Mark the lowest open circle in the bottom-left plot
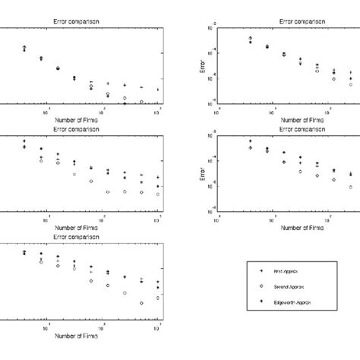pyautogui.click(x=141, y=303)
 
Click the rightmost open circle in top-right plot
pyautogui.click(x=351, y=84)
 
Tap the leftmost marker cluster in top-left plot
pyautogui.click(x=24, y=49)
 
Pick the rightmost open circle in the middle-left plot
pyautogui.click(x=157, y=194)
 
